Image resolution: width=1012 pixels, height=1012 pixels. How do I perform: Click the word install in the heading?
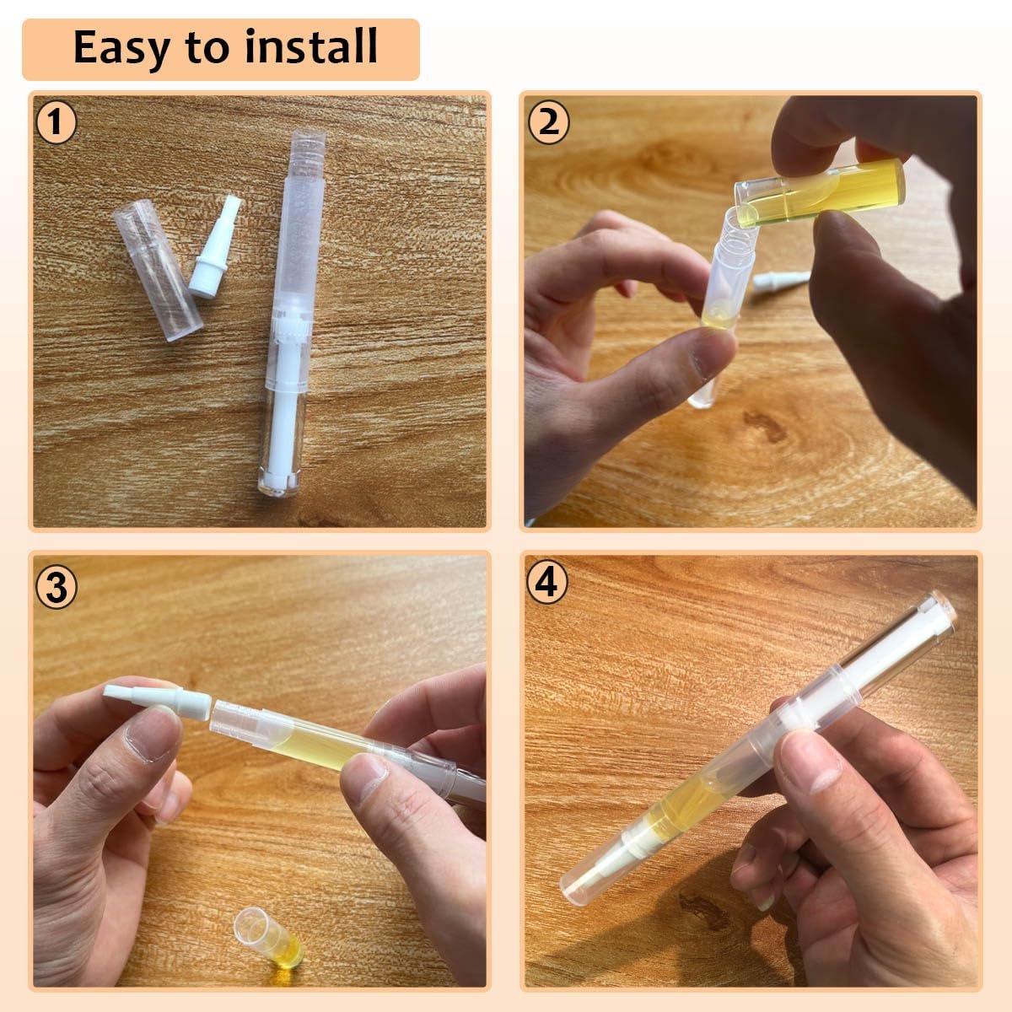pyautogui.click(x=311, y=46)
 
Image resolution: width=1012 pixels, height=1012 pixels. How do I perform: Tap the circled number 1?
pyautogui.click(x=57, y=123)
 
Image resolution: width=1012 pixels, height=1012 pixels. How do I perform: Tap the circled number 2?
pyautogui.click(x=548, y=123)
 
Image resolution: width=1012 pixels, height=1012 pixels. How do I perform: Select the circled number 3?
pyautogui.click(x=57, y=588)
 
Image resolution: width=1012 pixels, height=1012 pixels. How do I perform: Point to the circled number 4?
pyautogui.click(x=547, y=583)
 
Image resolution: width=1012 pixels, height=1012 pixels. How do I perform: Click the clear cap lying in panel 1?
pyautogui.click(x=158, y=270)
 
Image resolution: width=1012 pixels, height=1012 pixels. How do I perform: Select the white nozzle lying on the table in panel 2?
pyautogui.click(x=780, y=281)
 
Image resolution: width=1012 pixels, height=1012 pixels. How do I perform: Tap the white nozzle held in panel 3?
pyautogui.click(x=158, y=700)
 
